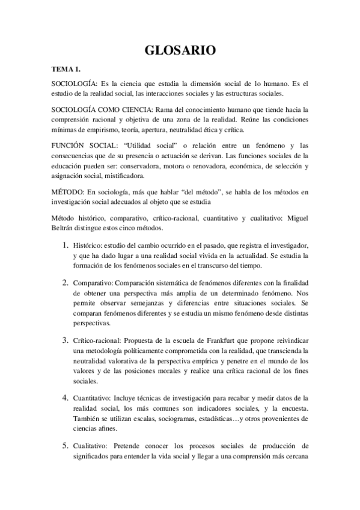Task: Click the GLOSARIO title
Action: click(x=180, y=52)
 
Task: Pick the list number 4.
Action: click(x=66, y=398)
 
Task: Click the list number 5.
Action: click(x=66, y=446)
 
